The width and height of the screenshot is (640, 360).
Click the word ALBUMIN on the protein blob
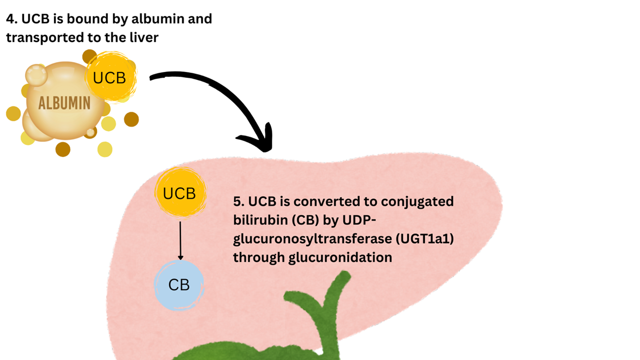pos(64,103)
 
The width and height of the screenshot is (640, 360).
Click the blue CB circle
pos(179,285)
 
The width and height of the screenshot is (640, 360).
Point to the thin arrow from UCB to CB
pos(180,240)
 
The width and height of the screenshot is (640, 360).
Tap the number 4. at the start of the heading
pos(12,19)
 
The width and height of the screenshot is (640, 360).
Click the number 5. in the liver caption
pos(239,201)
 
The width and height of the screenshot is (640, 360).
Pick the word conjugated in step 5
pos(417,202)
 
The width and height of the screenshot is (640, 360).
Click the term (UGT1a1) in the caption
pos(425,239)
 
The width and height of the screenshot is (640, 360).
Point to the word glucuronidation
pos(340,258)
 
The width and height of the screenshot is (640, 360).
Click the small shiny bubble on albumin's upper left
pos(36,75)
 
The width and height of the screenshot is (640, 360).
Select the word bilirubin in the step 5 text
pos(260,220)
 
